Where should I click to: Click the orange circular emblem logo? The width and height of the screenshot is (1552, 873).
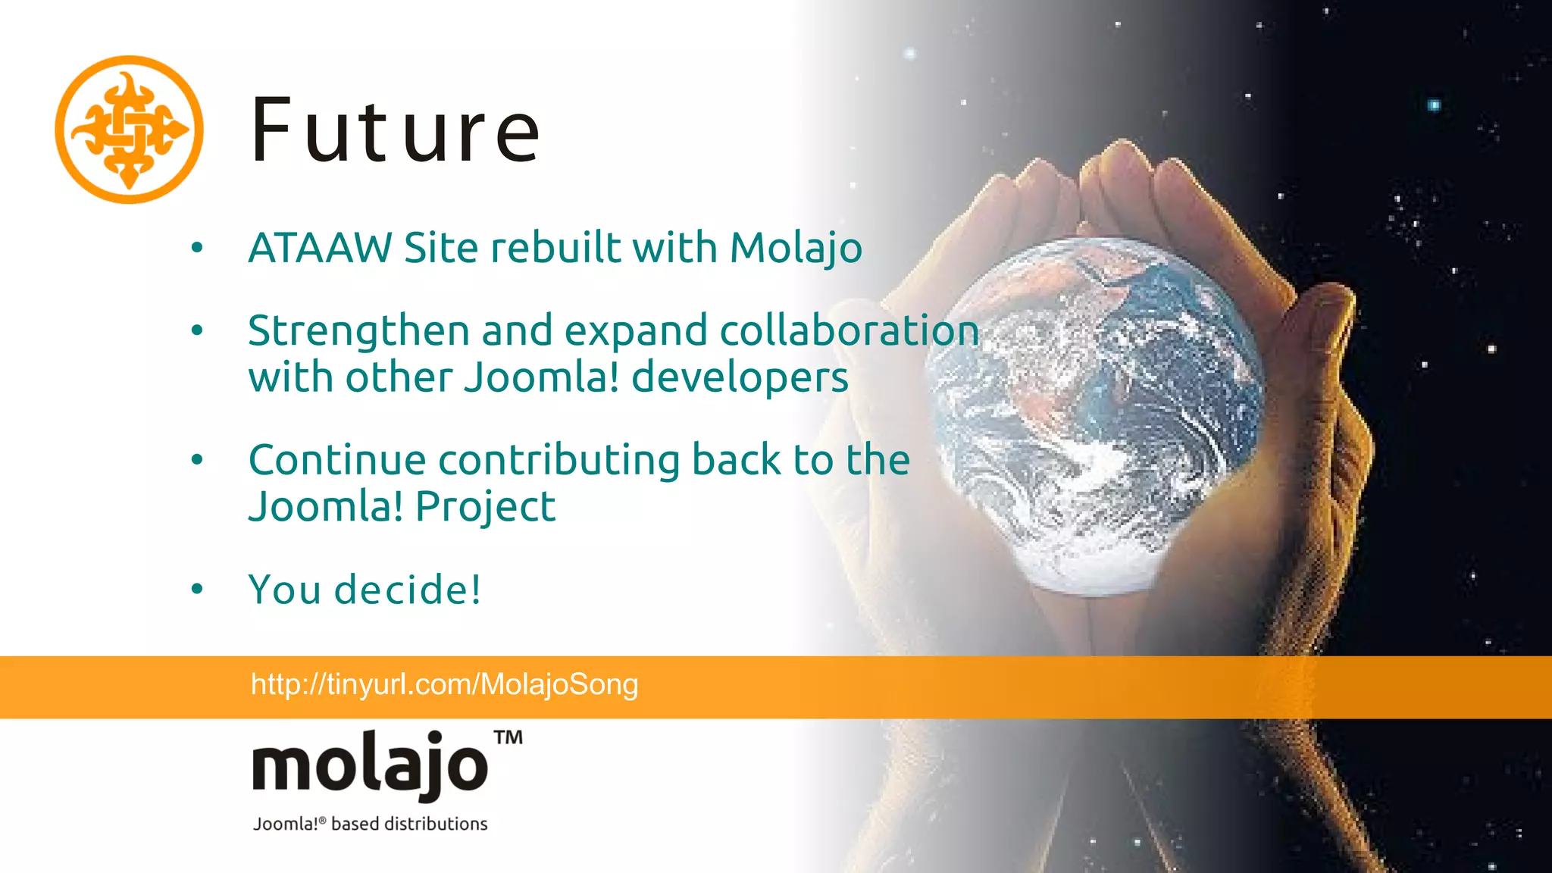129,130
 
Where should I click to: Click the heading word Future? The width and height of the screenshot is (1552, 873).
395,131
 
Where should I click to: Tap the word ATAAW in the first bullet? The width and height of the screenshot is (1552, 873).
320,248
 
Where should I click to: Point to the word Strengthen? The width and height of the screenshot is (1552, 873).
358,332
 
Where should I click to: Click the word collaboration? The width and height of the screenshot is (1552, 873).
849,331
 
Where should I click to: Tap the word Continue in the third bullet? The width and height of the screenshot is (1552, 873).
337,460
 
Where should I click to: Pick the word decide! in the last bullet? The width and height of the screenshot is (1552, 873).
408,590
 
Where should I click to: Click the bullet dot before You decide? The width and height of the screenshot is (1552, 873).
198,589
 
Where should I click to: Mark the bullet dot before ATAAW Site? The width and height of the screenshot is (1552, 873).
198,247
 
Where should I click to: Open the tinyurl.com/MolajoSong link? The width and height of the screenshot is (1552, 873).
444,684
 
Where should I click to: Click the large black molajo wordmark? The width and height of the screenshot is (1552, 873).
370,765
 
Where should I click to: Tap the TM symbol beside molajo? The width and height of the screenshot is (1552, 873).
508,737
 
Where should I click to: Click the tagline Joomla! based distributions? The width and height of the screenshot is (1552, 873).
370,824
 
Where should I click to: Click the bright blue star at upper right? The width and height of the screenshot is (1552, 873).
1434,105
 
